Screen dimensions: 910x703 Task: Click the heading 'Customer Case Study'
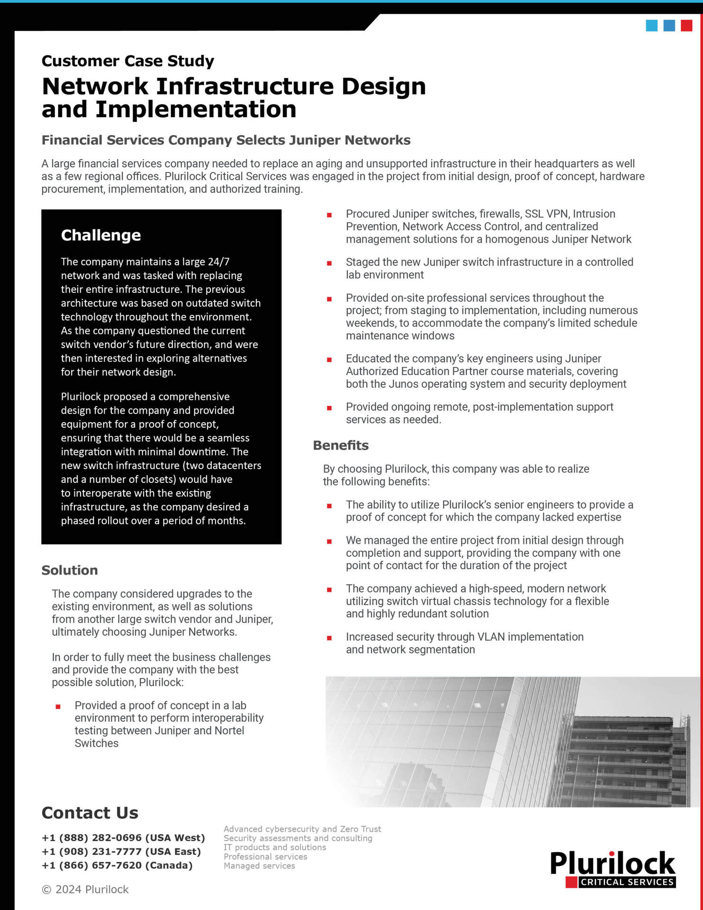(128, 61)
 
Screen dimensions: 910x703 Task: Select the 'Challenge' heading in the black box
(101, 235)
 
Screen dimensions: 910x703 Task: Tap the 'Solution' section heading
(70, 570)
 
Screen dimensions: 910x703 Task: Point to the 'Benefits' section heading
(341, 446)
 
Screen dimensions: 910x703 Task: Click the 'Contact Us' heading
(90, 813)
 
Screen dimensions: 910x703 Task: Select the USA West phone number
(123, 837)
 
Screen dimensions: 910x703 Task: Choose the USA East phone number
(121, 851)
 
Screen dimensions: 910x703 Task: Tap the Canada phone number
(117, 865)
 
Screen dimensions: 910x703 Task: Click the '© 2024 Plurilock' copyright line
(85, 889)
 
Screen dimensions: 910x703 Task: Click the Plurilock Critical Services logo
(613, 868)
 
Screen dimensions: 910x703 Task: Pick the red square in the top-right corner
(686, 26)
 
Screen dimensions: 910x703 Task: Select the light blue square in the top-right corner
(652, 26)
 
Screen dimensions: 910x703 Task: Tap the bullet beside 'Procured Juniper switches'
(329, 215)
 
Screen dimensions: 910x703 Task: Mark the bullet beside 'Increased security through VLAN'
(329, 638)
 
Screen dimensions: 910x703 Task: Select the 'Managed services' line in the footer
(260, 865)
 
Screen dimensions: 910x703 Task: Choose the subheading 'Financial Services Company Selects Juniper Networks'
(226, 140)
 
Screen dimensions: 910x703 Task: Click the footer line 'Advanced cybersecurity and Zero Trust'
(302, 829)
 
